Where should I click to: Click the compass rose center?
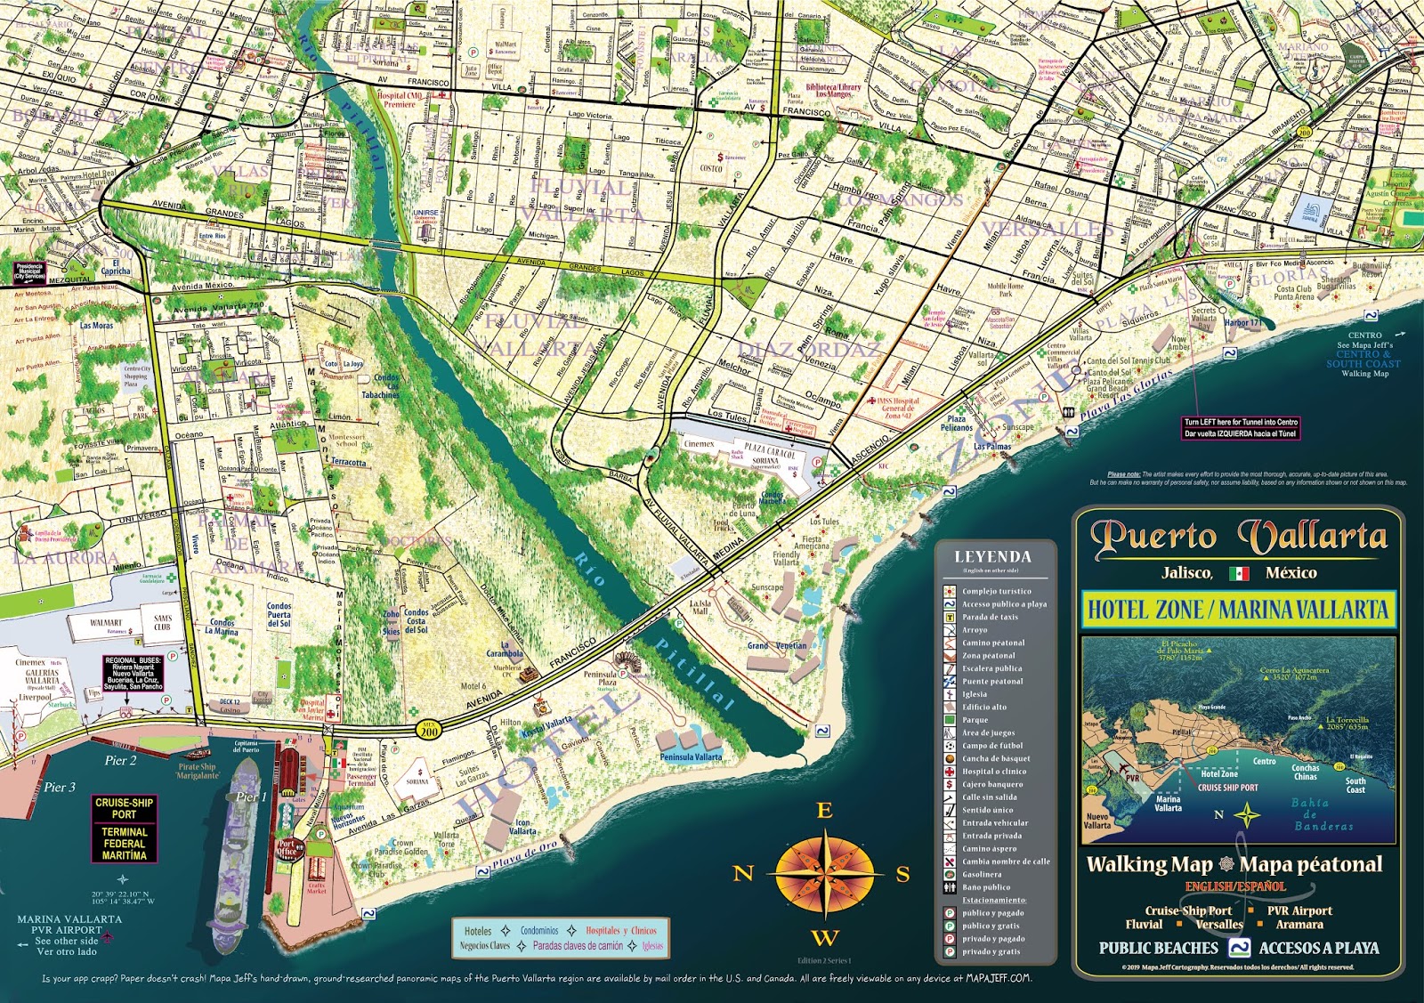(x=825, y=873)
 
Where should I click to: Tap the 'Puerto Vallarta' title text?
(x=1238, y=537)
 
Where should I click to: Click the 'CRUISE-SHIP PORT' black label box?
(x=124, y=808)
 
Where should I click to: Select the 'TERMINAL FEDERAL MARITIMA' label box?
(x=124, y=843)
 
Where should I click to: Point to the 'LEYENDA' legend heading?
(x=992, y=557)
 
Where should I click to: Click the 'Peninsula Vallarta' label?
(x=691, y=757)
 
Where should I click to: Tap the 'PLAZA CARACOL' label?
(x=770, y=451)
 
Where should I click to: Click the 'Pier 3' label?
(x=60, y=787)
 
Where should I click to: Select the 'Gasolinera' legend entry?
(x=981, y=874)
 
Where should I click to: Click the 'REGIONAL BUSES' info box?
(x=133, y=674)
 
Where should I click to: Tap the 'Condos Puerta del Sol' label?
(x=279, y=614)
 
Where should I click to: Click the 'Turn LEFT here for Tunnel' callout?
(x=1241, y=427)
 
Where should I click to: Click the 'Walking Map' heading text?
(x=1149, y=864)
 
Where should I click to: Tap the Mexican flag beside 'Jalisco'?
(x=1238, y=573)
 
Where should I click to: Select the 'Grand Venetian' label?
(x=776, y=646)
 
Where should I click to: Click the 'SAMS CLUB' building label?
(x=163, y=622)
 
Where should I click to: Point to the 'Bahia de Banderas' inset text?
(x=1323, y=814)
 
